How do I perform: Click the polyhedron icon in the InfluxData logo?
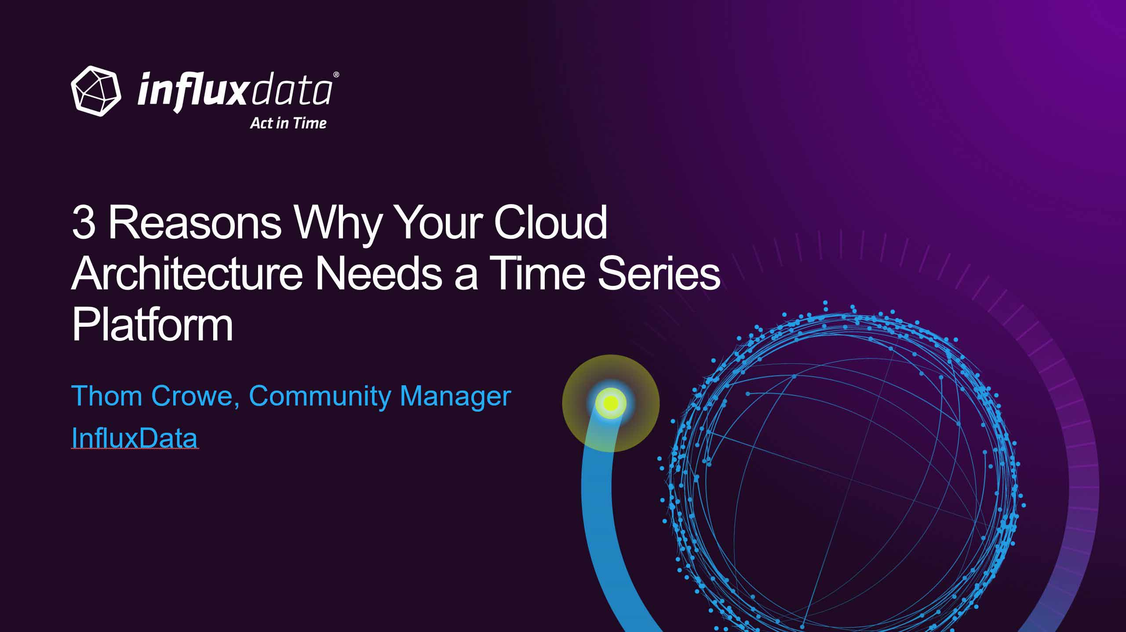click(x=96, y=91)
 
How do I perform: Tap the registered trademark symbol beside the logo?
click(x=336, y=75)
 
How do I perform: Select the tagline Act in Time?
click(x=288, y=123)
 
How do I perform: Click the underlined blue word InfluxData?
click(x=135, y=438)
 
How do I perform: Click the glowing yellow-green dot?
click(x=611, y=403)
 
